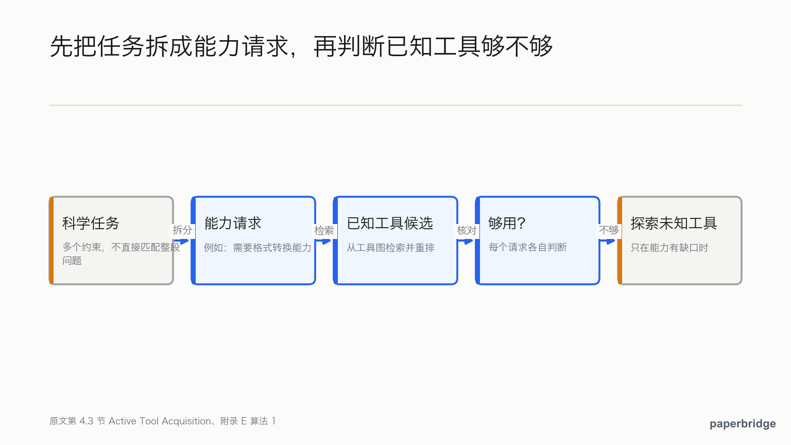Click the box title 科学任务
(x=91, y=223)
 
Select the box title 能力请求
(x=233, y=223)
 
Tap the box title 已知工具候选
(x=390, y=223)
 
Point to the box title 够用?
(x=507, y=223)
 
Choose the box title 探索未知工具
(x=674, y=223)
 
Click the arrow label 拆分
(x=182, y=230)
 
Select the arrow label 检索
(x=324, y=231)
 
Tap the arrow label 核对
(x=467, y=231)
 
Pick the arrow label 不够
(x=609, y=230)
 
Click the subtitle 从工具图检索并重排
(x=390, y=248)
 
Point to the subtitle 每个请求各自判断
(x=527, y=247)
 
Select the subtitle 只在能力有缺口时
(x=669, y=248)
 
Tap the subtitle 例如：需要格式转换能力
(x=257, y=248)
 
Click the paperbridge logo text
(x=743, y=423)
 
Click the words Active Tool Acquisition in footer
(x=160, y=421)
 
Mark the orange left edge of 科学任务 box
(x=51, y=241)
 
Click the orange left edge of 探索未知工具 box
(x=620, y=241)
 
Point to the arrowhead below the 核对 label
(x=469, y=242)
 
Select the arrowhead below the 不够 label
(x=611, y=242)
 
